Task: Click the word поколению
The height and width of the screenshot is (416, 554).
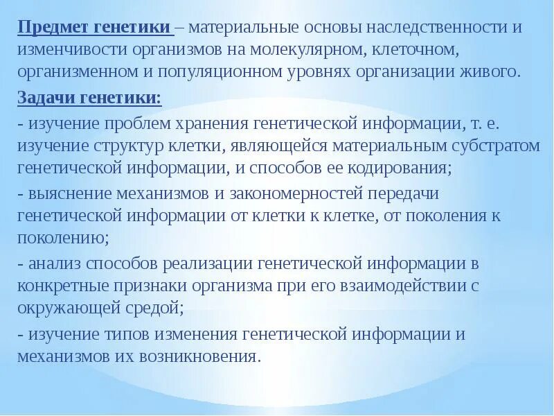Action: click(x=61, y=237)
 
